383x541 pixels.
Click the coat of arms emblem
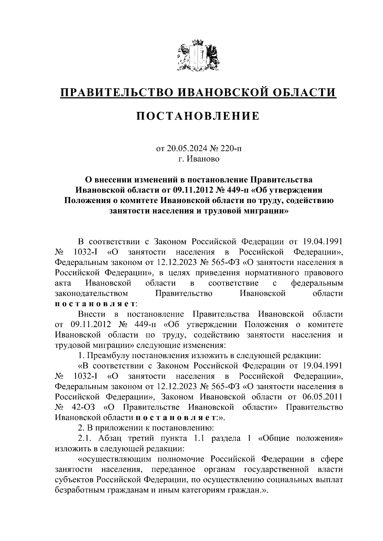(x=198, y=55)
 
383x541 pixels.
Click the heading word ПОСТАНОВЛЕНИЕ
(x=198, y=116)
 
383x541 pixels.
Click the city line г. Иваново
(x=199, y=159)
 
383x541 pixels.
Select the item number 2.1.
(x=85, y=438)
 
